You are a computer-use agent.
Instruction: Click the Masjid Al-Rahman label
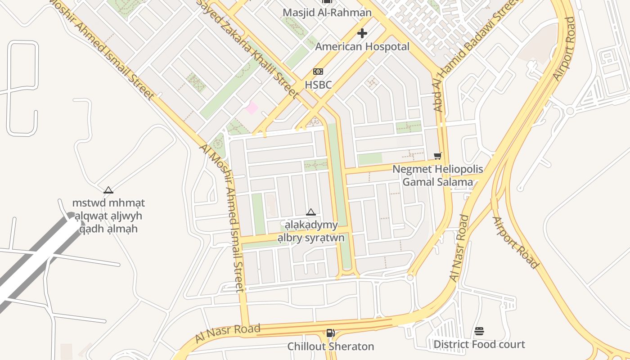point(327,12)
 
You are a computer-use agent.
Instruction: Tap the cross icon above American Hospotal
point(362,33)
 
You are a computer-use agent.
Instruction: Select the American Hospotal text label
point(362,46)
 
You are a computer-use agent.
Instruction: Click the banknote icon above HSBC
point(318,72)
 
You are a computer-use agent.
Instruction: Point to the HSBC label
point(318,85)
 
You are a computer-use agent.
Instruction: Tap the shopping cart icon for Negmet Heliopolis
point(437,156)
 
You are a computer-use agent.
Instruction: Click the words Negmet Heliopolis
point(437,169)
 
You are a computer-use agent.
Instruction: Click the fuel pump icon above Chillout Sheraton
point(330,333)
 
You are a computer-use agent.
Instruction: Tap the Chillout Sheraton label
point(331,346)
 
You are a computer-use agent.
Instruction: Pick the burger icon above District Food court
point(479,332)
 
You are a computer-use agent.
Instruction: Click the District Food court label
point(479,344)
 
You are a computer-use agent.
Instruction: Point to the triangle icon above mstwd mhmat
point(108,190)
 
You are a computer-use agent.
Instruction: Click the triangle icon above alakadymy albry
point(310,212)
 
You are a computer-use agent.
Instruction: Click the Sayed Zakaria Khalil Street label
point(247,47)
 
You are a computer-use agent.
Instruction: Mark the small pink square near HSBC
point(252,108)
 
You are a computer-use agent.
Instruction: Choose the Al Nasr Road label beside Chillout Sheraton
point(228,333)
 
